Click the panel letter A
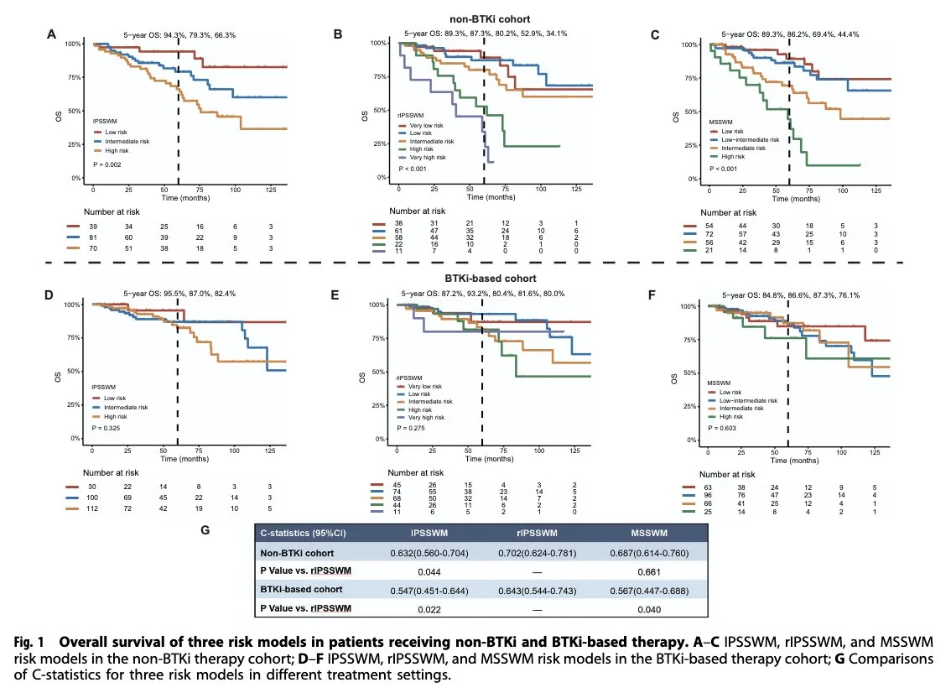coord(52,34)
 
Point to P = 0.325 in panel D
coord(108,429)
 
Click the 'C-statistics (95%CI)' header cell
coord(304,532)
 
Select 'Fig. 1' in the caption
coord(31,641)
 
